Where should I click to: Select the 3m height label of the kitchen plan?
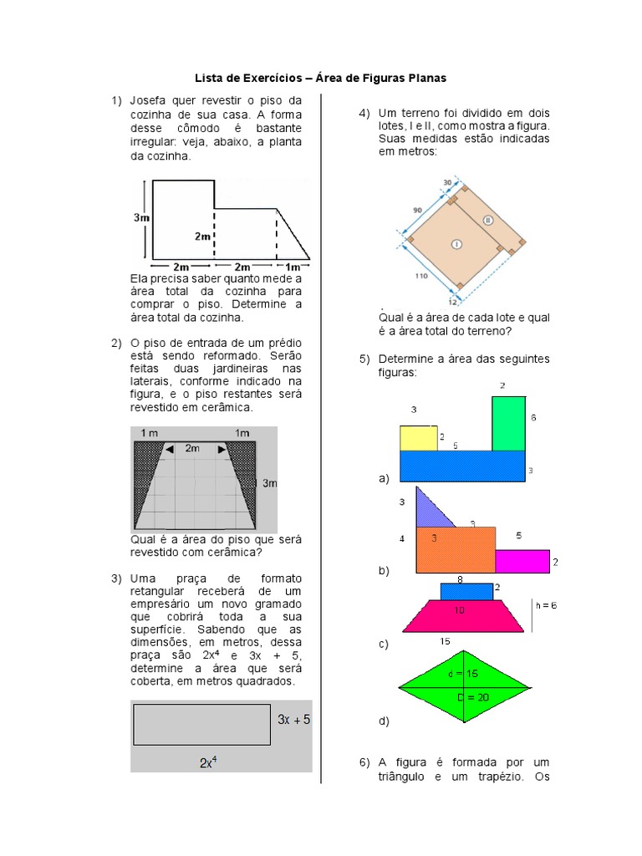click(x=141, y=217)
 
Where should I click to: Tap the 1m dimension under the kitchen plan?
click(x=294, y=267)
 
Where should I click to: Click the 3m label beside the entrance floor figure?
click(x=269, y=483)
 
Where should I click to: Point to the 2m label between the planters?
click(x=192, y=449)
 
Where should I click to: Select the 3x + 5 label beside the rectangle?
click(x=293, y=719)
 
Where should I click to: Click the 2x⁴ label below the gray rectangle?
click(x=209, y=762)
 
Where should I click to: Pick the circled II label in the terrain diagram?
click(x=488, y=220)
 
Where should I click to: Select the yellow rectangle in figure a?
click(x=418, y=438)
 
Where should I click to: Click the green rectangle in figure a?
click(x=508, y=423)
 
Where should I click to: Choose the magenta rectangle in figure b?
click(x=522, y=561)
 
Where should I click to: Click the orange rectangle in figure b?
click(x=456, y=549)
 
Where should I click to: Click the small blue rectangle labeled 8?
click(x=466, y=591)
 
